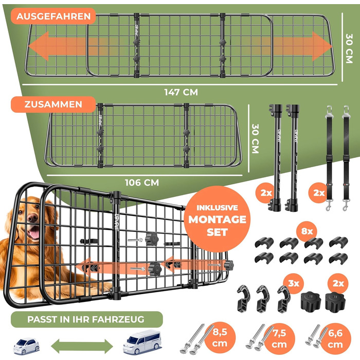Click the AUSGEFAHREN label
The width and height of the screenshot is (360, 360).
click(x=53, y=16)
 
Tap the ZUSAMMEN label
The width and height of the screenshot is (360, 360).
click(x=53, y=104)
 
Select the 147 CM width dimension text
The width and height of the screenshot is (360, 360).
click(x=181, y=92)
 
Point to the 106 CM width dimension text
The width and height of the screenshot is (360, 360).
click(x=141, y=183)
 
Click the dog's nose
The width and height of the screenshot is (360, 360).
click(x=33, y=217)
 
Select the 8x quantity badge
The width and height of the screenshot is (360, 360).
click(x=307, y=231)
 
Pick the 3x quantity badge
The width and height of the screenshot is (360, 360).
click(x=294, y=283)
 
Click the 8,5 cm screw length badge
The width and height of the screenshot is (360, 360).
click(x=220, y=338)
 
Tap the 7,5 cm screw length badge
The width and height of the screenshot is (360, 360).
click(x=279, y=338)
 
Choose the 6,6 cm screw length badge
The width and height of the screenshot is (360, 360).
click(x=336, y=338)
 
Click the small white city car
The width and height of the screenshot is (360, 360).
click(x=26, y=346)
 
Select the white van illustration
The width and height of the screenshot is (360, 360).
click(x=142, y=342)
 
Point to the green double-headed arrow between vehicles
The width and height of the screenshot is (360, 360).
click(x=82, y=346)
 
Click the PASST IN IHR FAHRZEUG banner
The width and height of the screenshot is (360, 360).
click(x=86, y=319)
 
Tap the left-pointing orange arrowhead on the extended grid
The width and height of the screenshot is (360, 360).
click(x=39, y=46)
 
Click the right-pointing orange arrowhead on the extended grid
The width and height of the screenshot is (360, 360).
click(x=322, y=46)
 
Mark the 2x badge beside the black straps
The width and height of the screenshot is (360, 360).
click(x=319, y=193)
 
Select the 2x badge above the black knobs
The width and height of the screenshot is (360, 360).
click(x=338, y=283)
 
